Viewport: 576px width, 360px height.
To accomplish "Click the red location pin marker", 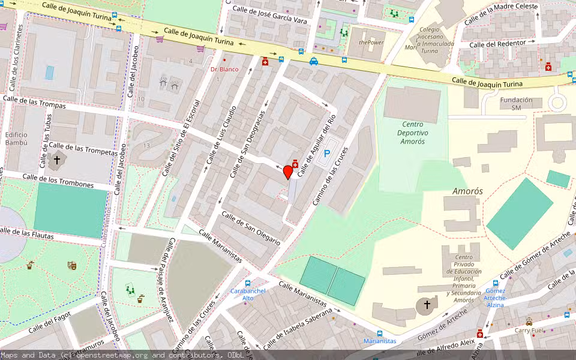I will (288, 172).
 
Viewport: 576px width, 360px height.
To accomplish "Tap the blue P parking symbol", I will (327, 154).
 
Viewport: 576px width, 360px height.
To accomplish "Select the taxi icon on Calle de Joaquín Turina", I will (313, 61).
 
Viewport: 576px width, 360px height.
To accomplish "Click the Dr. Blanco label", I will (224, 69).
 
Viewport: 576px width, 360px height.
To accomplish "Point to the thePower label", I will (371, 43).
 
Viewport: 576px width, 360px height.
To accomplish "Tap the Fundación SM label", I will (516, 104).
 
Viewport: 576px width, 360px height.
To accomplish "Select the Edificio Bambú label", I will (16, 139).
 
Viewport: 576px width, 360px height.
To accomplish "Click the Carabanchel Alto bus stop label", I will (242, 294).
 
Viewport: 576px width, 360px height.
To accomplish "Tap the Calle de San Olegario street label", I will (250, 228).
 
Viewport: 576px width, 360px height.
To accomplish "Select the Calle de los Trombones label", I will (58, 181).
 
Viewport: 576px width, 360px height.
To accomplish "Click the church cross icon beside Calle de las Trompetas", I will (58, 160).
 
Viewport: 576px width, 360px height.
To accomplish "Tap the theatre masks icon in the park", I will (72, 265).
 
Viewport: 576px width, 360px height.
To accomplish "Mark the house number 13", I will (146, 146).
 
